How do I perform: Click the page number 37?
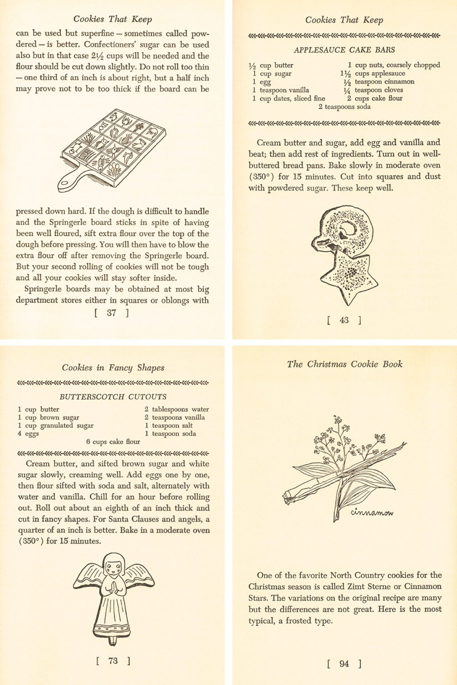pos(112,313)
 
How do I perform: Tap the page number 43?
pos(344,320)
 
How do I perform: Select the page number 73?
pos(113,660)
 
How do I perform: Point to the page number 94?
pos(344,664)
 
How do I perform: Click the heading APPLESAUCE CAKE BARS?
pos(344,50)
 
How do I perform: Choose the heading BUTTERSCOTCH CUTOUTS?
pos(113,396)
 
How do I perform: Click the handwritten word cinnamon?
pos(372,512)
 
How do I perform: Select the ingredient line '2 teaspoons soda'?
pos(344,107)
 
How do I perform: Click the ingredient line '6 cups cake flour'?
pos(113,442)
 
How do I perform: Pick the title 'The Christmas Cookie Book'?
pos(345,364)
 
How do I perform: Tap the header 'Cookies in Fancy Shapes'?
pos(113,368)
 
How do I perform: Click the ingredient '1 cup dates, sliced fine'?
pos(289,99)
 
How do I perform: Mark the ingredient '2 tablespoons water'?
pos(177,409)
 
